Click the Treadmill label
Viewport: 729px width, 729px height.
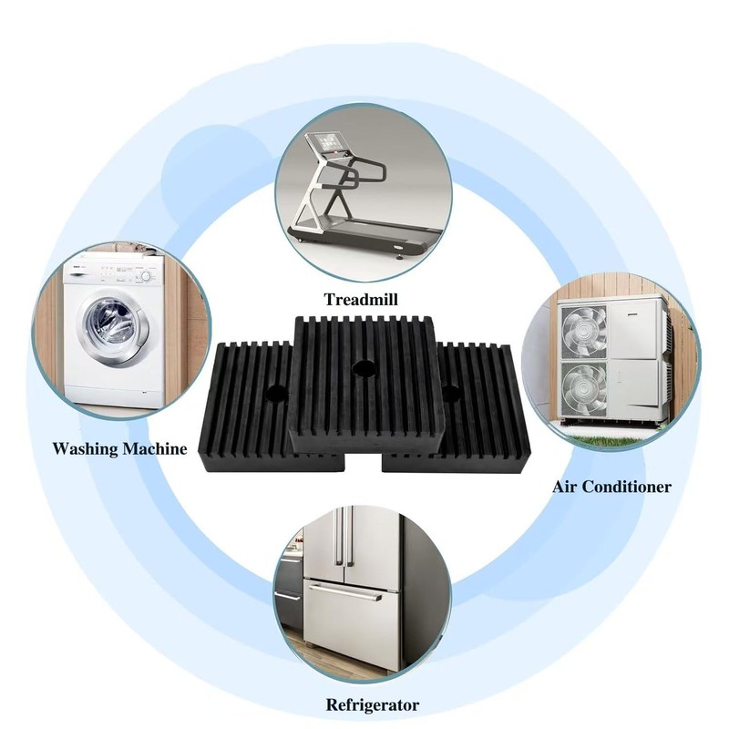coord(361,299)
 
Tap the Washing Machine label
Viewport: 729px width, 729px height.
coord(119,448)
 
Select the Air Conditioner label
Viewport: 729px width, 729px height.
coord(611,487)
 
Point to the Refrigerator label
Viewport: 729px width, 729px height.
coord(373,704)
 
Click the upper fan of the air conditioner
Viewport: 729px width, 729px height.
coord(583,329)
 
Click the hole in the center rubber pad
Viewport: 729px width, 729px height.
coord(364,369)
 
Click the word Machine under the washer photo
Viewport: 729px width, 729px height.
coord(151,448)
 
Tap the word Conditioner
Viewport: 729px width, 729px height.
coord(628,487)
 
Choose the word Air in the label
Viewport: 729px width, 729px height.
coord(566,487)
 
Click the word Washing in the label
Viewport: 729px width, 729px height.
coord(83,448)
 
